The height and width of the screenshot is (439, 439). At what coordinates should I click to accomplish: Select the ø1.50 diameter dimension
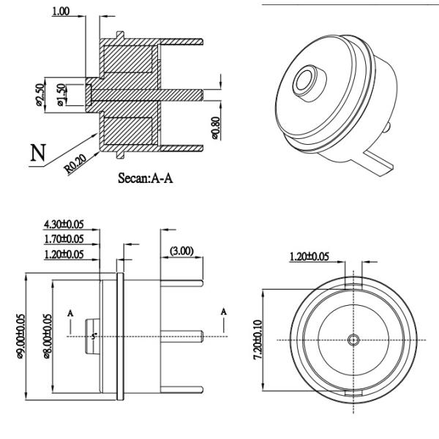click(x=61, y=94)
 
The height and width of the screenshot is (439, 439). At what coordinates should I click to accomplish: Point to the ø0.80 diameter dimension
click(x=216, y=125)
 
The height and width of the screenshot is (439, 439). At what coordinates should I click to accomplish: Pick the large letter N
click(x=38, y=154)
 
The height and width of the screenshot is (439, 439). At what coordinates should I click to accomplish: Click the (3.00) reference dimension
click(x=181, y=251)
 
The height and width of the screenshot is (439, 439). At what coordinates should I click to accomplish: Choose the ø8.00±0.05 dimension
click(x=48, y=337)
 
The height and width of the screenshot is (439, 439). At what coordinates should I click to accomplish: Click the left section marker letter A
click(x=70, y=312)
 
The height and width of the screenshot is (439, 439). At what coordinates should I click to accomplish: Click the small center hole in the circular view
click(x=354, y=339)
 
